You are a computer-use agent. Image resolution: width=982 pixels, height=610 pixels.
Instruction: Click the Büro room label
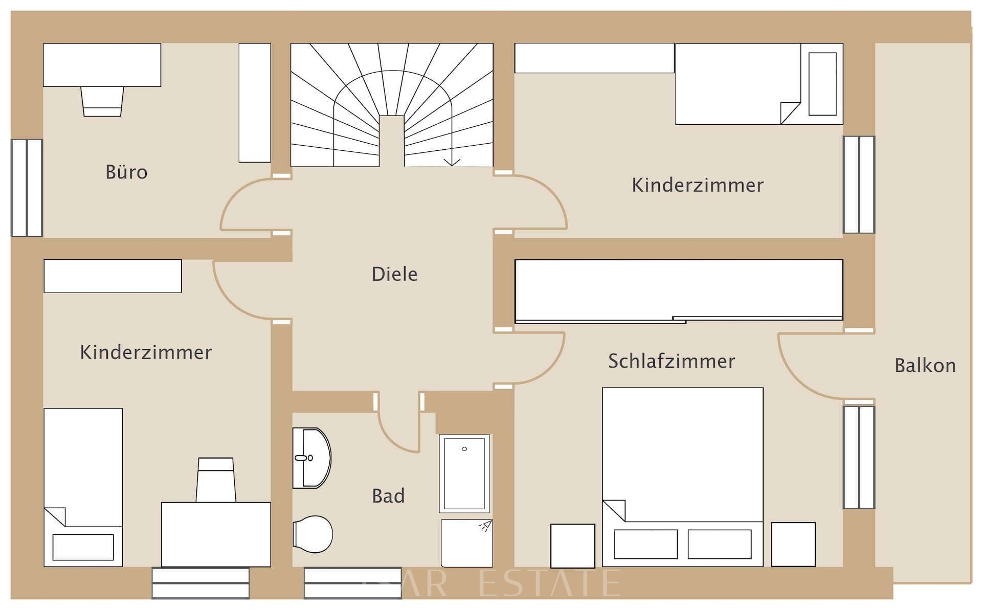[126, 172]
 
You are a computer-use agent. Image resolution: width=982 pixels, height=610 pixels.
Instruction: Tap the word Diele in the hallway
[394, 275]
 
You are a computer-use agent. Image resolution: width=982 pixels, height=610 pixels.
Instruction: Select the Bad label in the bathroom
[388, 496]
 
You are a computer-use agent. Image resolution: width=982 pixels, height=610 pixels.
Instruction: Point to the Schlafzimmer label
[672, 362]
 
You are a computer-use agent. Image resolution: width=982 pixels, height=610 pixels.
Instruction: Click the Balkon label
[925, 366]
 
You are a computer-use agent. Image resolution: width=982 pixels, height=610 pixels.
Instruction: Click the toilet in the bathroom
[313, 534]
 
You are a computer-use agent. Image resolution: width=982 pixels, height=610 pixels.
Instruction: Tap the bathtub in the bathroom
[464, 473]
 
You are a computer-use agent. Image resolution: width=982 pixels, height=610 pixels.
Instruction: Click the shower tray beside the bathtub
[466, 543]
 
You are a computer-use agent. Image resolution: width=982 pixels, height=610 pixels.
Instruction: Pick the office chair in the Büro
[102, 101]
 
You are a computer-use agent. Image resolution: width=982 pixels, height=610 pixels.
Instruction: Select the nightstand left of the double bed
[572, 546]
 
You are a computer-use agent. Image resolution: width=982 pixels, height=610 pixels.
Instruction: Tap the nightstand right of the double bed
[793, 545]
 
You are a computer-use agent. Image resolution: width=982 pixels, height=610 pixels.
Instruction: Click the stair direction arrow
[452, 162]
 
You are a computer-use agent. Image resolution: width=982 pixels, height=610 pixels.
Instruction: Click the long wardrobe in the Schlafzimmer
[678, 290]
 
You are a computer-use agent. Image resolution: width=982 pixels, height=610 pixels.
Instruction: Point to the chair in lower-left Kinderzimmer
[216, 480]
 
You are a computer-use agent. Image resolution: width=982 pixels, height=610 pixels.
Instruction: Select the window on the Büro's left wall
[27, 188]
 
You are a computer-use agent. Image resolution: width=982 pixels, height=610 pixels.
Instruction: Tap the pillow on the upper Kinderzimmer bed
[822, 84]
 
